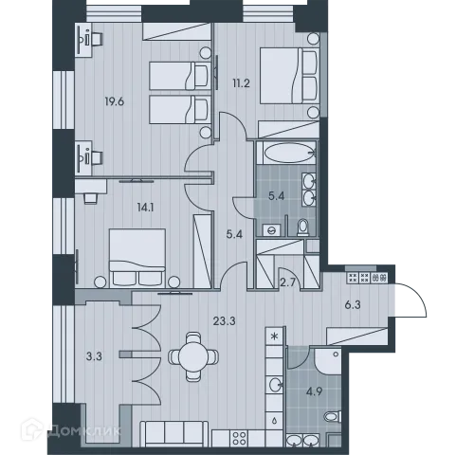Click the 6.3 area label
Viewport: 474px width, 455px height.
(377, 304)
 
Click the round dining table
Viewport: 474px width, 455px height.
(192, 357)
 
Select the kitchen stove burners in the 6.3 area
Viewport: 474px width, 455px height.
(362, 278)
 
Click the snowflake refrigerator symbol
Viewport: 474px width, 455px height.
(275, 336)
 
